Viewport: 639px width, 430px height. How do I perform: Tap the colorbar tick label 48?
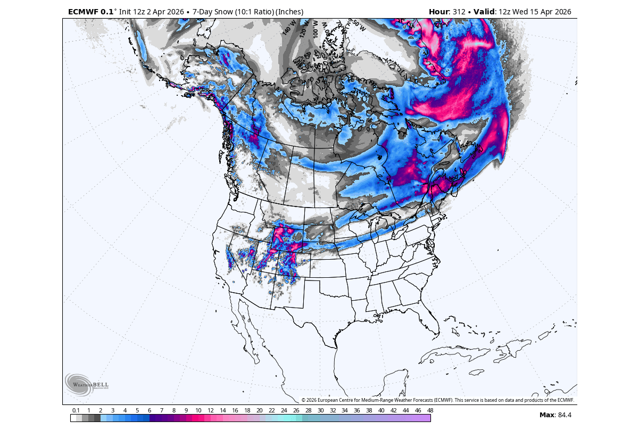(430, 410)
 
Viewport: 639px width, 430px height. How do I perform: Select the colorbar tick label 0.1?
(76, 410)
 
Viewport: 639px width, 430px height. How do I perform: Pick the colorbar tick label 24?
(284, 410)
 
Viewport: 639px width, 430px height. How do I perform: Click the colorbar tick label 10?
(198, 410)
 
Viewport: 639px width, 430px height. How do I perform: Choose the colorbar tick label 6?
(150, 410)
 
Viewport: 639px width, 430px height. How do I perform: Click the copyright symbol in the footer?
(303, 400)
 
